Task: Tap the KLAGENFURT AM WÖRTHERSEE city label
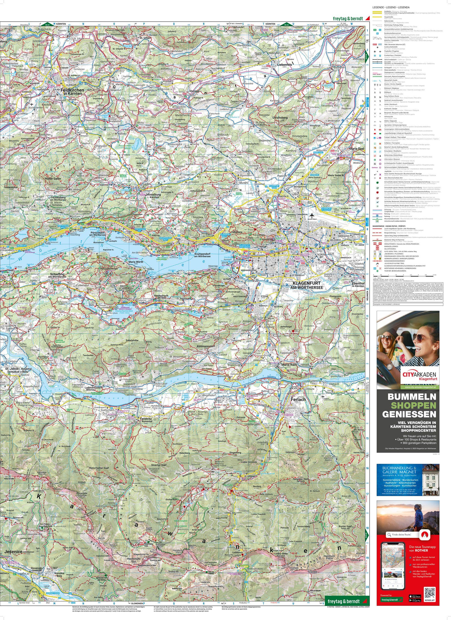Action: click(308, 286)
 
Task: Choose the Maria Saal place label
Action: click(357, 149)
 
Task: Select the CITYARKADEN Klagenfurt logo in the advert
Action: click(408, 376)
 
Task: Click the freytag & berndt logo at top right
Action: click(347, 19)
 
